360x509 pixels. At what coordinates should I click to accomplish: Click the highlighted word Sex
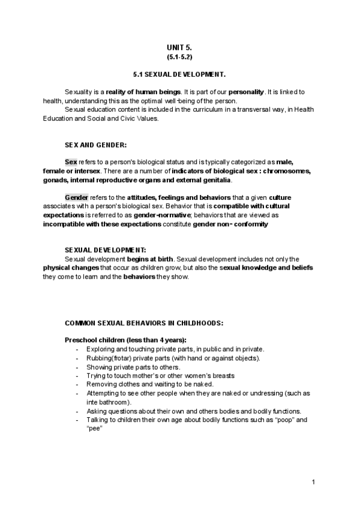coord(71,162)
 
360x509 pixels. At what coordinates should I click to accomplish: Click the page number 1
coord(314,483)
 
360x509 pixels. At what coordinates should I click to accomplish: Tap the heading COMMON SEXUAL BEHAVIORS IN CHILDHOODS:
coord(144,322)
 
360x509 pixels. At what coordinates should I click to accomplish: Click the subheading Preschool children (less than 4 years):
coord(125,340)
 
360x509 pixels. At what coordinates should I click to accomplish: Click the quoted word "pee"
coord(95,429)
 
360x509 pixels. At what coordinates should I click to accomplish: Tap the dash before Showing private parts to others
coord(77,367)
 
